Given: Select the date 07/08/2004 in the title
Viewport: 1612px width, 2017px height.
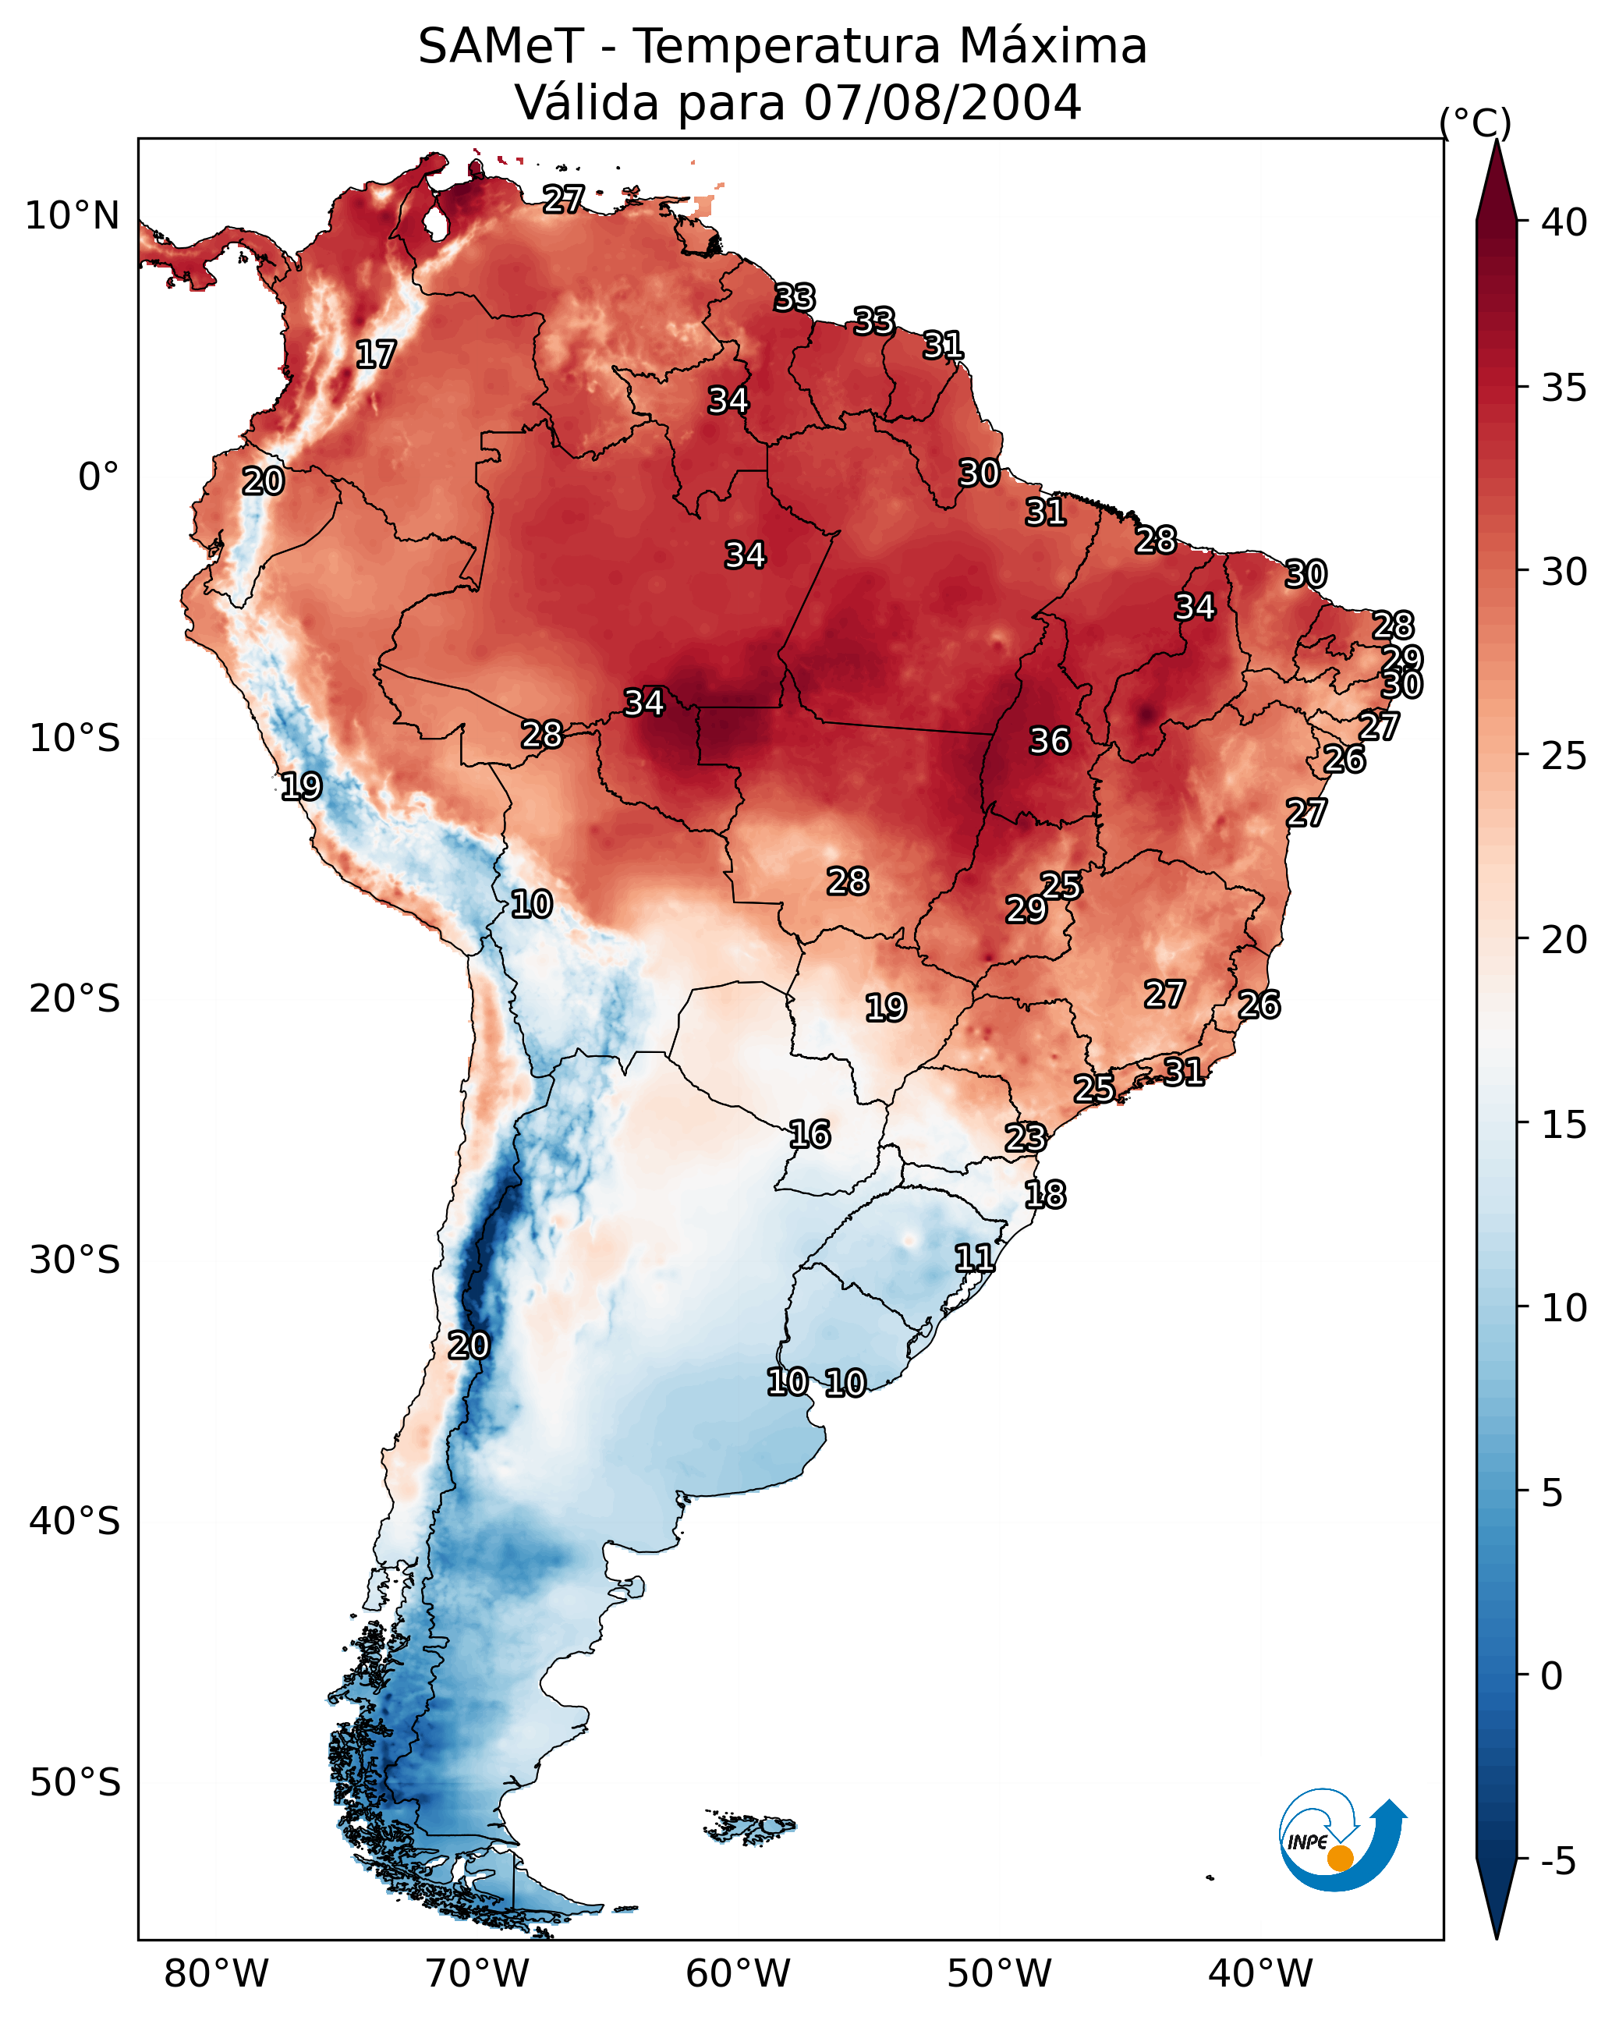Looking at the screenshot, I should pyautogui.click(x=941, y=103).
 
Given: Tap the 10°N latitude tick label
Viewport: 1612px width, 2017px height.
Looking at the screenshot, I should pyautogui.click(x=72, y=216).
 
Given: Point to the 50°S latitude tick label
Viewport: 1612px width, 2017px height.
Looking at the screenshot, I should pyautogui.click(x=75, y=1783).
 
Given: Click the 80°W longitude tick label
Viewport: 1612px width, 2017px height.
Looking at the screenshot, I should pyautogui.click(x=216, y=1974).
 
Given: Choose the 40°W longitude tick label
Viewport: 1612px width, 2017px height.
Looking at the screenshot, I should pyautogui.click(x=1260, y=1974).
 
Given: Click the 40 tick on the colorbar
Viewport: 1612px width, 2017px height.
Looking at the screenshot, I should pyautogui.click(x=1564, y=222).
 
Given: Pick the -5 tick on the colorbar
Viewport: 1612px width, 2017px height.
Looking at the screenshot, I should pyautogui.click(x=1557, y=1862).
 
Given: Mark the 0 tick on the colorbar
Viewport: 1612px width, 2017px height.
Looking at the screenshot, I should pyautogui.click(x=1551, y=1676).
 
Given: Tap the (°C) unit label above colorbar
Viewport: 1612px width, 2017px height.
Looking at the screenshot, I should pyautogui.click(x=1475, y=122).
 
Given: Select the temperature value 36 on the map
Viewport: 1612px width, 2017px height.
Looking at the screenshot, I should pyautogui.click(x=1049, y=741).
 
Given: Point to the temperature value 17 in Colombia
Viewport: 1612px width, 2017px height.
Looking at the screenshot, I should pyautogui.click(x=376, y=355).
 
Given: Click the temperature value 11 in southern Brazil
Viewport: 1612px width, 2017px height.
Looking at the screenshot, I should pyautogui.click(x=974, y=1257).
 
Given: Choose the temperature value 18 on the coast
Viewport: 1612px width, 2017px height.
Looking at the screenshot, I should pyautogui.click(x=1044, y=1195).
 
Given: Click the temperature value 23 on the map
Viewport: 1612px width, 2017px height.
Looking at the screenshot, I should pyautogui.click(x=1025, y=1138).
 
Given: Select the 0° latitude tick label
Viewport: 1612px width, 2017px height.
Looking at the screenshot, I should pyautogui.click(x=98, y=477).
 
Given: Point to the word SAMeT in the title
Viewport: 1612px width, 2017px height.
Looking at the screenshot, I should pyautogui.click(x=501, y=47).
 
